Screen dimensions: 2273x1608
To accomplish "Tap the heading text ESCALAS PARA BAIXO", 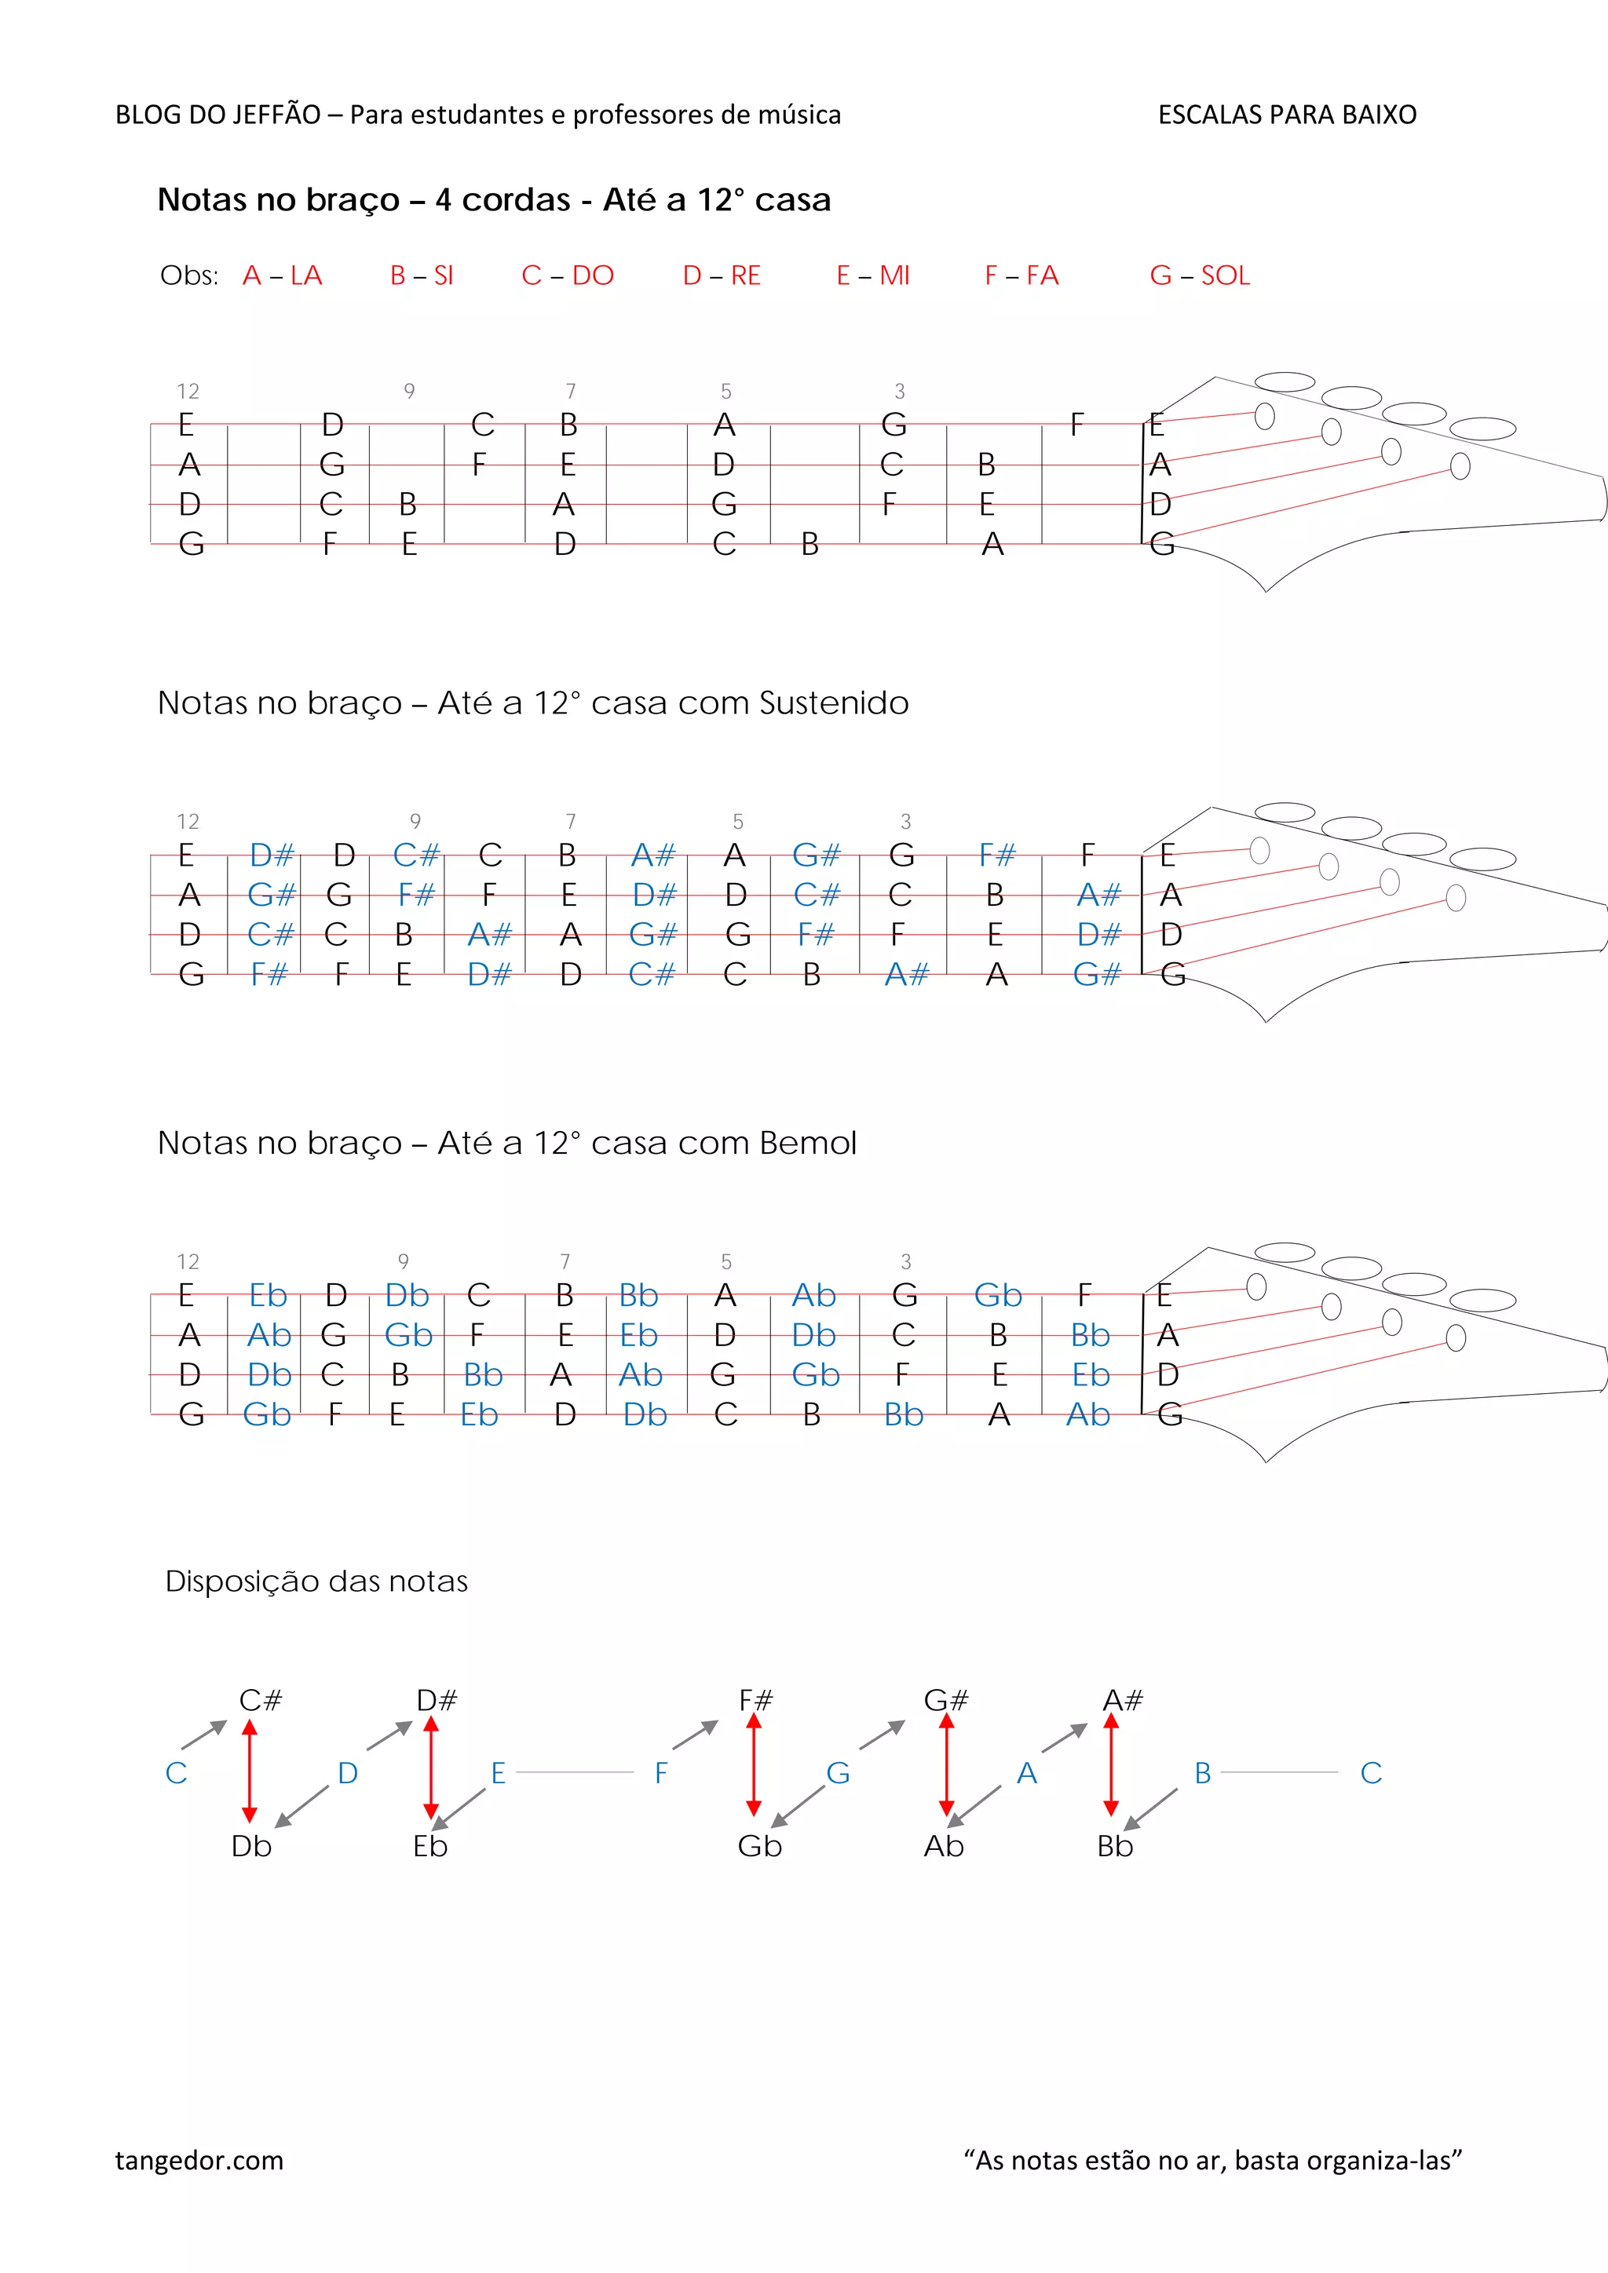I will pyautogui.click(x=1286, y=115).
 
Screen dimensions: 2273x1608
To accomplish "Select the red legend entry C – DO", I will pyautogui.click(x=568, y=275).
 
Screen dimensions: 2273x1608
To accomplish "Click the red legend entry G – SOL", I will pyautogui.click(x=1199, y=275).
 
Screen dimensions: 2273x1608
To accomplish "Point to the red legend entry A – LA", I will pyautogui.click(x=282, y=275).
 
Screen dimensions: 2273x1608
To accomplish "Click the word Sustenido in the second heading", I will pyautogui.click(x=833, y=703).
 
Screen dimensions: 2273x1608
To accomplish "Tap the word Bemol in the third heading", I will pyautogui.click(x=807, y=1143).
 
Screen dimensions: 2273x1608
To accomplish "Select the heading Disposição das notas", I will pyautogui.click(x=316, y=1581).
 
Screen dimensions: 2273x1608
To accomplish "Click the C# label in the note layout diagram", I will pyautogui.click(x=261, y=1700).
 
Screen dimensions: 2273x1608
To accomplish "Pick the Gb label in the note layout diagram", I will pyautogui.click(x=759, y=1846).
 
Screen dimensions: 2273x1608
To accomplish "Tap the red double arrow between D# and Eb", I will pyautogui.click(x=431, y=1768).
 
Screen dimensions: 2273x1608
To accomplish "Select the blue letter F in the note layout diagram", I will pyautogui.click(x=661, y=1772).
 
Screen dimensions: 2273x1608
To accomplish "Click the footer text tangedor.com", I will pyautogui.click(x=199, y=2160).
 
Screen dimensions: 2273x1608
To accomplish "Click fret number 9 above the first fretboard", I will pyautogui.click(x=409, y=391).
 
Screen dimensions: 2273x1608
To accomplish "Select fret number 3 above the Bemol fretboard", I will pyautogui.click(x=905, y=1261).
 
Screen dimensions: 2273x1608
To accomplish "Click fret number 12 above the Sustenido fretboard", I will pyautogui.click(x=188, y=822).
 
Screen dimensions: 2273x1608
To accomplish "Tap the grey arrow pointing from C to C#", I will pyautogui.click(x=204, y=1735).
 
